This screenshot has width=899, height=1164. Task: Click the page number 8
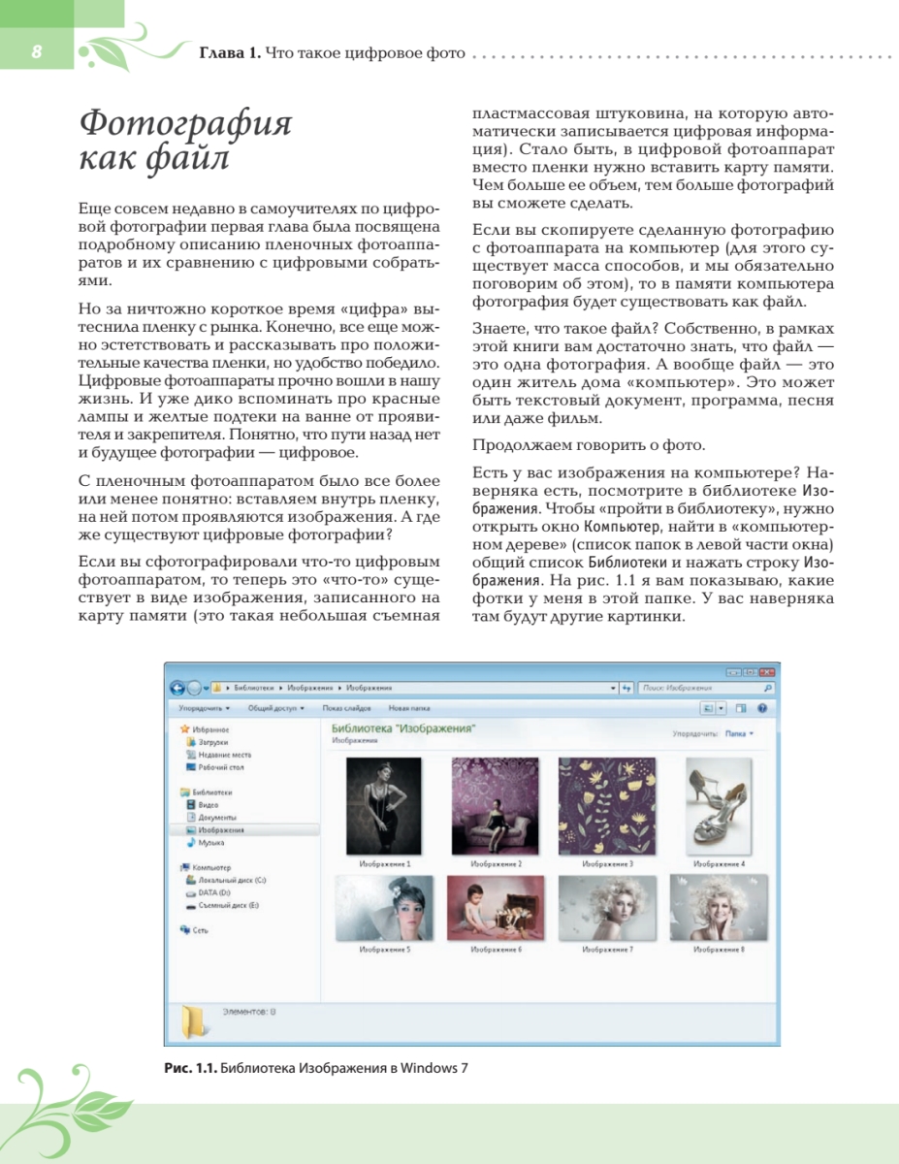tap(35, 51)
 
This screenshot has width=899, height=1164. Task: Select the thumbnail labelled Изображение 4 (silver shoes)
tap(719, 805)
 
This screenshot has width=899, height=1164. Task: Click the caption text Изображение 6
tap(496, 950)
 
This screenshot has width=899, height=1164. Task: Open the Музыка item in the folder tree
tap(210, 843)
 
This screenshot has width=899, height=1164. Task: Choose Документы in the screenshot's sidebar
tap(217, 818)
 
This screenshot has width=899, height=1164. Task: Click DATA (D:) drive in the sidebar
tap(213, 891)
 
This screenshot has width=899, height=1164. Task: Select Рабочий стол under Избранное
tap(221, 767)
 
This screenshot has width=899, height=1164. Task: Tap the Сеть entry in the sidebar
tap(200, 929)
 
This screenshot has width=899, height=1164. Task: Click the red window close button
tap(767, 671)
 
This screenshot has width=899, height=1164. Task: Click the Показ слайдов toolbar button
tap(347, 708)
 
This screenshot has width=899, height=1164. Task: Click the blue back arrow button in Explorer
tap(177, 688)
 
